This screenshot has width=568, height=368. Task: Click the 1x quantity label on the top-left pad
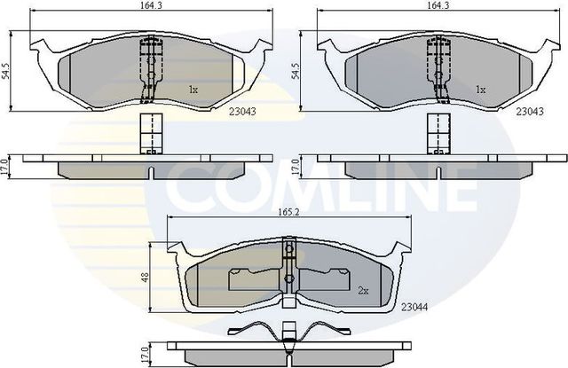(193, 90)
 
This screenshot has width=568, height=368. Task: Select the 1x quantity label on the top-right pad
(480, 90)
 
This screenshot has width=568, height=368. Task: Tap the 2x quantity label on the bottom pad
(362, 290)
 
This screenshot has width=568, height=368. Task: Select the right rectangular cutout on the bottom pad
(325, 279)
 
